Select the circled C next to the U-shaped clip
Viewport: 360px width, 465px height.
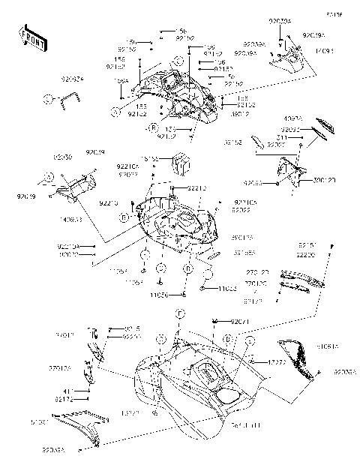tap(47, 98)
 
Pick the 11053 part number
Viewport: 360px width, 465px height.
tap(226, 289)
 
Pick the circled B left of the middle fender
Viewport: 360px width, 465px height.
tap(121, 217)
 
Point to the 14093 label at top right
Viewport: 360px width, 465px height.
tap(323, 52)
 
